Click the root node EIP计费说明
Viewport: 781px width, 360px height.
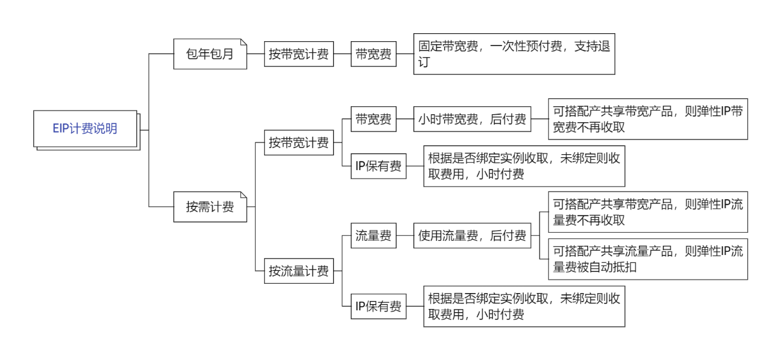pyautogui.click(x=85, y=129)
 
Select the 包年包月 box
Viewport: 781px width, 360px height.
pyautogui.click(x=210, y=54)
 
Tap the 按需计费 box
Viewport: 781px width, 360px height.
pyautogui.click(x=210, y=207)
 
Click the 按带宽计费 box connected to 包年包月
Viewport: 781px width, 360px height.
pyautogui.click(x=299, y=54)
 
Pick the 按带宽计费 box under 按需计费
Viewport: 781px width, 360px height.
pyautogui.click(x=299, y=143)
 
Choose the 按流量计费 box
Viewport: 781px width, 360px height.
pyautogui.click(x=299, y=271)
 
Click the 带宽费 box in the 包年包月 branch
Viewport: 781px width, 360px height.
pyautogui.click(x=374, y=54)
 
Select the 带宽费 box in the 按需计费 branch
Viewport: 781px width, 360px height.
pyautogui.click(x=374, y=120)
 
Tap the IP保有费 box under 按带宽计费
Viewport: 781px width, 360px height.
pyautogui.click(x=379, y=166)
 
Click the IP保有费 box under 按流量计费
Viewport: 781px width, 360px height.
pyautogui.click(x=379, y=307)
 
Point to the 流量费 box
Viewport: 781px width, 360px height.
pyautogui.click(x=374, y=236)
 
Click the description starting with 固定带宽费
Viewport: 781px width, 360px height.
pyautogui.click(x=514, y=54)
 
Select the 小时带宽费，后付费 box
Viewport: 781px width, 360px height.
pyautogui.click(x=472, y=120)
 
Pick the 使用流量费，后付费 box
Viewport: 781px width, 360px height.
pyautogui.click(x=472, y=236)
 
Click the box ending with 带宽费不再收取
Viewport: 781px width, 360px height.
pyautogui.click(x=648, y=119)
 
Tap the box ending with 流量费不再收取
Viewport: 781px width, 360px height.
pyautogui.click(x=648, y=212)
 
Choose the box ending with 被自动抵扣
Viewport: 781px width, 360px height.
pyautogui.click(x=648, y=259)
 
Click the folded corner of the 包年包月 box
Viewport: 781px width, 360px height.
pyautogui.click(x=243, y=42)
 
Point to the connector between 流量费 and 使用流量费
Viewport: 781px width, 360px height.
pyautogui.click(x=405, y=236)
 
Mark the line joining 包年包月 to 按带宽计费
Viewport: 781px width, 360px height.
pyautogui.click(x=256, y=54)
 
